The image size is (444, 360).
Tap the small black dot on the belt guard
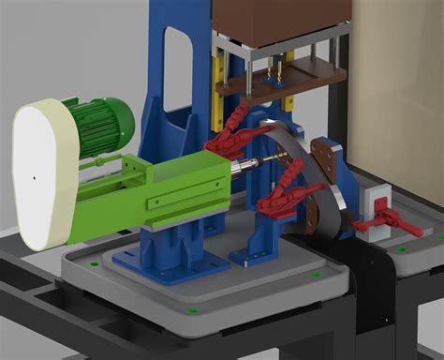coord(33,175)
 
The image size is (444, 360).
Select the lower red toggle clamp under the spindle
coord(281,197)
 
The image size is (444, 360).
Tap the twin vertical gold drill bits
coord(274,71)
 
